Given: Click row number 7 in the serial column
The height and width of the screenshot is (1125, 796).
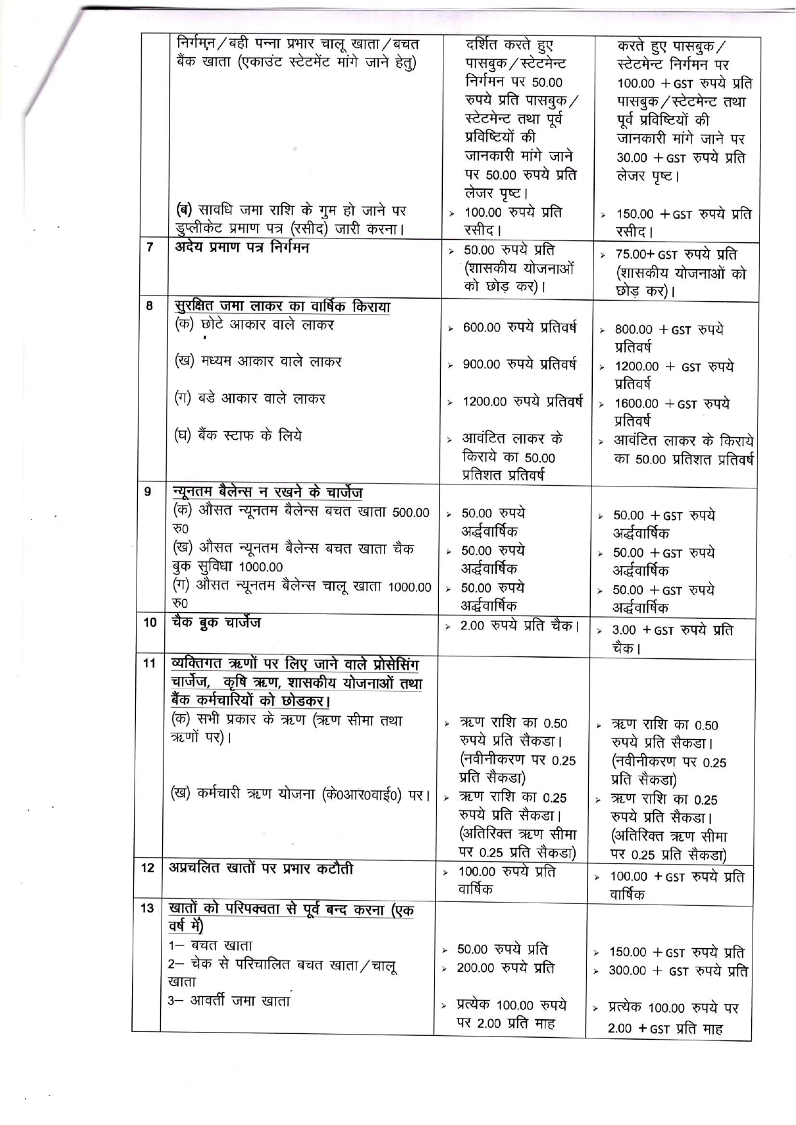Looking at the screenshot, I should [x=149, y=247].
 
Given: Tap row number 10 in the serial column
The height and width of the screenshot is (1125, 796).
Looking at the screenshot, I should [x=149, y=622].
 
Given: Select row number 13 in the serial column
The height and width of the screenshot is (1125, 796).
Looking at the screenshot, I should [x=147, y=908].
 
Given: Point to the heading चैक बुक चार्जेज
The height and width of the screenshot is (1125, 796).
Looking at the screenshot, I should [x=216, y=622].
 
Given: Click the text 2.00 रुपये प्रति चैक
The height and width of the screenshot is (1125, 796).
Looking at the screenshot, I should [x=519, y=625].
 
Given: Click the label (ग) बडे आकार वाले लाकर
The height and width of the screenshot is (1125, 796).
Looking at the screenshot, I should [x=250, y=399].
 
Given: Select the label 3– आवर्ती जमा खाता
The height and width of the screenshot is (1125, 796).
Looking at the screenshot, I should [x=229, y=1001].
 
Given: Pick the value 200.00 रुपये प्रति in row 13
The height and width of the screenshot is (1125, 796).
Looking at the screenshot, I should [x=505, y=968].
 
